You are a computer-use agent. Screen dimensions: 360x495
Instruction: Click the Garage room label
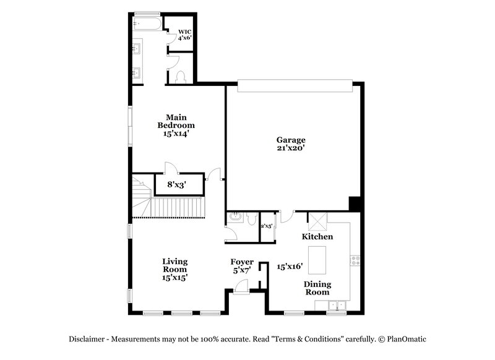(x=290, y=140)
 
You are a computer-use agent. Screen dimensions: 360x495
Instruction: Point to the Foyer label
(x=242, y=262)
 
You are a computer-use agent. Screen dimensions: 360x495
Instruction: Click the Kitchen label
(x=317, y=237)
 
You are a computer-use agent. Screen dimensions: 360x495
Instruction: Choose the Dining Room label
(x=317, y=288)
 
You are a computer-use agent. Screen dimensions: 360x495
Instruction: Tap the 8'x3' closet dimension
(x=177, y=184)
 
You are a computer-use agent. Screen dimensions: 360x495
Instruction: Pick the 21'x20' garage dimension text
(x=290, y=148)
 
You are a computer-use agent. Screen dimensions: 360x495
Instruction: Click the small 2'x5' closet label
(x=266, y=226)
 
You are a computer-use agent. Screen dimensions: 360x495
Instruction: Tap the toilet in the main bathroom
(x=181, y=76)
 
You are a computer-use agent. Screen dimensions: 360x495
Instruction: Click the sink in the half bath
(x=235, y=217)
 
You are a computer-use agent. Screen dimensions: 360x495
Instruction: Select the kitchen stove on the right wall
(x=355, y=260)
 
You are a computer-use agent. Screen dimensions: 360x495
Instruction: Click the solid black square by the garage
(x=355, y=204)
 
